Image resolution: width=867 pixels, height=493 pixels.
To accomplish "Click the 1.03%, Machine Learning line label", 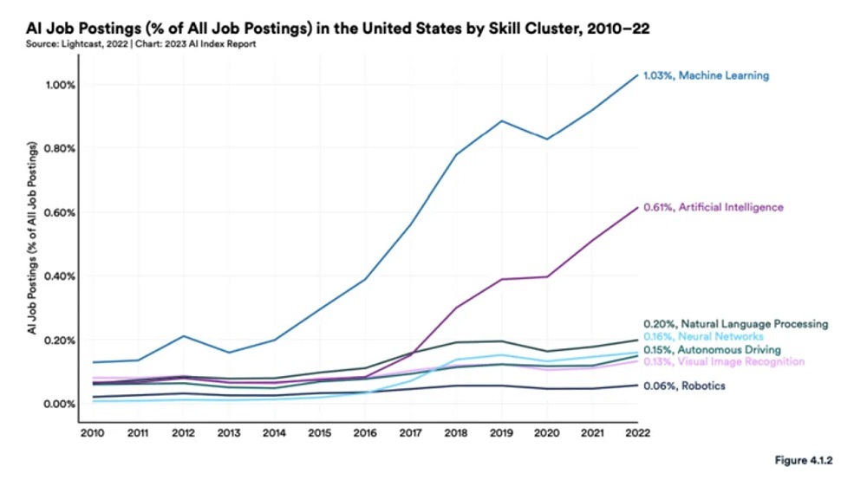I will [x=706, y=75].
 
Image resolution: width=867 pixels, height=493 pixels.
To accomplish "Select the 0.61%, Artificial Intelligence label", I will [x=713, y=208].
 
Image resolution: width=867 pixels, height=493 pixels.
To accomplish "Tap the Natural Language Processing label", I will [x=735, y=324].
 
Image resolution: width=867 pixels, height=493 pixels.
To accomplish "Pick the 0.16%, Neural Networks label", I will [x=703, y=336].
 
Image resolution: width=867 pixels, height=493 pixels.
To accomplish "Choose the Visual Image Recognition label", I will [x=724, y=361].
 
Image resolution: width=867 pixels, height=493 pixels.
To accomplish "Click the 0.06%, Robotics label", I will [x=684, y=386].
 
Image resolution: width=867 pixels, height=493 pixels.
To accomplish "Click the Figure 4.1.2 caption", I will [x=803, y=460].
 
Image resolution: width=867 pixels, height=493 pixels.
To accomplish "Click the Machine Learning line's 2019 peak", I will [x=502, y=120].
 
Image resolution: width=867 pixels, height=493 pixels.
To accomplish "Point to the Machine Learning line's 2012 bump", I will [x=182, y=336].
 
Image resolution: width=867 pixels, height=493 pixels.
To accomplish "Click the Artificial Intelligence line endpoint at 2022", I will [x=638, y=207].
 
